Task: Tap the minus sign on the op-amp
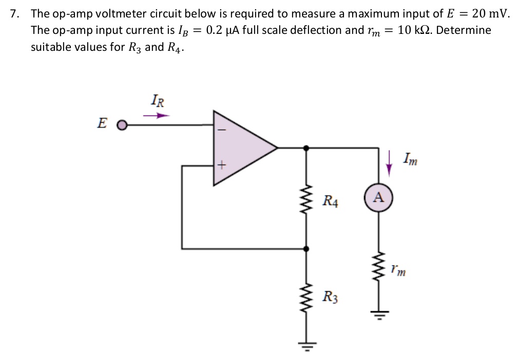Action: (x=222, y=130)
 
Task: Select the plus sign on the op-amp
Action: (x=222, y=165)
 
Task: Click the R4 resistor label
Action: (x=331, y=200)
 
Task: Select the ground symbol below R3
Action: (x=307, y=344)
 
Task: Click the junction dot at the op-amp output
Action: (x=307, y=147)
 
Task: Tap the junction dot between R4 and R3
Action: (x=307, y=249)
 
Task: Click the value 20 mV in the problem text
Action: (x=490, y=14)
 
